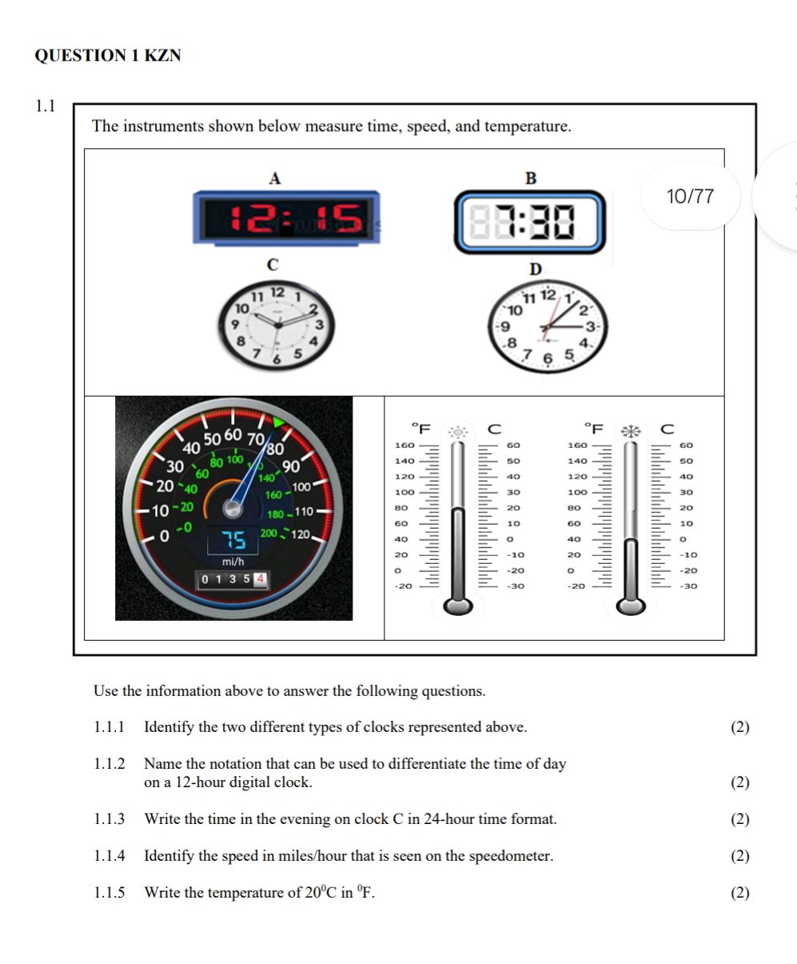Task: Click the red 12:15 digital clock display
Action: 286,217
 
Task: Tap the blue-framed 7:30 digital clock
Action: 530,222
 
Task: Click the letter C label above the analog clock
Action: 273,264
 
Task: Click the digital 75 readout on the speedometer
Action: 233,542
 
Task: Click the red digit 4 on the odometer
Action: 261,578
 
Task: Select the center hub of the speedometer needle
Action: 233,507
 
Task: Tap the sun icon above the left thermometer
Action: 458,431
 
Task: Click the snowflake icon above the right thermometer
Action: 632,431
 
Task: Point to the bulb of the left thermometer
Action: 458,606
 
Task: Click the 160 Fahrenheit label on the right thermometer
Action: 576,446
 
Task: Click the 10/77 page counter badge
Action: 690,197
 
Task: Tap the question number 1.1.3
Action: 110,819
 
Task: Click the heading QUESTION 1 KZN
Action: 108,56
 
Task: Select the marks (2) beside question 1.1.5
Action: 740,893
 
